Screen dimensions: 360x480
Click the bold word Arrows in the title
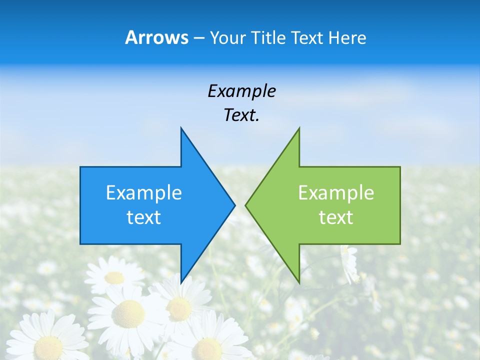pos(156,37)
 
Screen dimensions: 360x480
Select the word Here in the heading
pos(347,37)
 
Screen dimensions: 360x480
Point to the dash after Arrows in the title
pos(198,38)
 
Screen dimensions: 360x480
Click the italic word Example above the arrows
pos(242,91)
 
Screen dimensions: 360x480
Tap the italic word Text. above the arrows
pos(242,115)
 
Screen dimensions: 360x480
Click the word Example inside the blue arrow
pos(144,193)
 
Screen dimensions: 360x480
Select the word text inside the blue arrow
pos(144,217)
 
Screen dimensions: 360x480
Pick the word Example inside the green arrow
pos(336,193)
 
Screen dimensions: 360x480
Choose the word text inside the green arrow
pos(336,217)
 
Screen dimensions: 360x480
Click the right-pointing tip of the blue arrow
pos(234,205)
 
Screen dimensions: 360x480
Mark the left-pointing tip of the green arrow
pos(246,205)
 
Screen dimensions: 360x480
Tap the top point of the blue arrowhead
pos(181,129)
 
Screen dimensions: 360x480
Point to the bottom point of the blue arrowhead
pos(181,282)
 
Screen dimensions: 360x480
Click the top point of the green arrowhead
pos(299,129)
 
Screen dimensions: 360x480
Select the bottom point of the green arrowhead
pos(299,282)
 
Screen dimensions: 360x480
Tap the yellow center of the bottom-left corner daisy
pos(48,345)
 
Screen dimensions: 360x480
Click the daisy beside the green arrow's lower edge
pos(349,262)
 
